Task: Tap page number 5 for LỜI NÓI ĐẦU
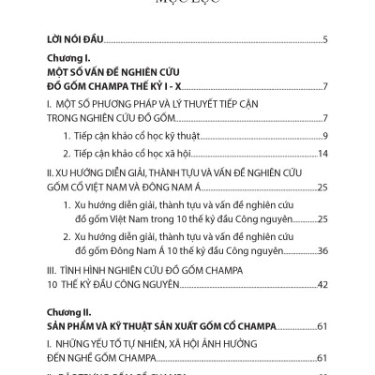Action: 323,40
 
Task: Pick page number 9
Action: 323,136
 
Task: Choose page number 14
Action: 322,153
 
